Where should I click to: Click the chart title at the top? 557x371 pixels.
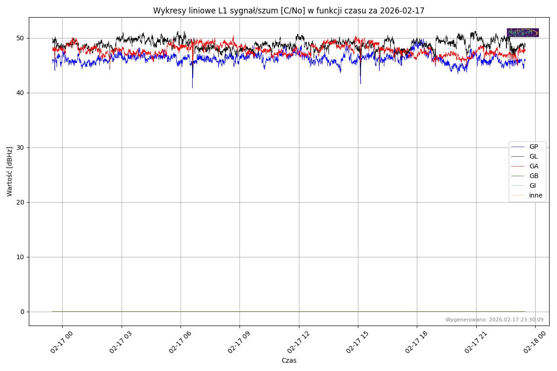click(x=289, y=11)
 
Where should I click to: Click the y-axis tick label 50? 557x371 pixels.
click(x=20, y=38)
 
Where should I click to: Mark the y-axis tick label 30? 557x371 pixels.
click(x=20, y=147)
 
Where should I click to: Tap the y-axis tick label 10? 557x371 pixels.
click(x=20, y=257)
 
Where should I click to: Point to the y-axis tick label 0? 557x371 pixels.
click(x=22, y=312)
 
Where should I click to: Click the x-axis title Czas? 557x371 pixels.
click(x=289, y=360)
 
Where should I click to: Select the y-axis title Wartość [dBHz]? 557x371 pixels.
click(x=10, y=171)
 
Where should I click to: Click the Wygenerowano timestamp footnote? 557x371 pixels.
click(x=494, y=320)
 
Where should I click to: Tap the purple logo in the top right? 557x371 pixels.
click(x=523, y=32)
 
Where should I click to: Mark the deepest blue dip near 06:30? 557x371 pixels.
click(x=193, y=87)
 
